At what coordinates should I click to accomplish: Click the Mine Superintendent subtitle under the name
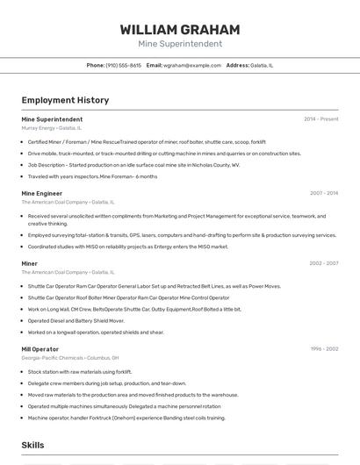[179, 44]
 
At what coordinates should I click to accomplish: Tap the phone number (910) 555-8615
[123, 65]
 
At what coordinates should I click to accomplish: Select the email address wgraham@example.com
[192, 65]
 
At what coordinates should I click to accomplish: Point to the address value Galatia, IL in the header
[262, 65]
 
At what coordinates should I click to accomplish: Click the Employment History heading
[65, 100]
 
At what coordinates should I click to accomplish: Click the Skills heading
[32, 446]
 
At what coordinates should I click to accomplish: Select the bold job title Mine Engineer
[41, 193]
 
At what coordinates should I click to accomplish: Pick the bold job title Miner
[30, 263]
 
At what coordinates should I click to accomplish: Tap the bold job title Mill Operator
[40, 349]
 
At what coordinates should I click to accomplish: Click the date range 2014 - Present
[320, 119]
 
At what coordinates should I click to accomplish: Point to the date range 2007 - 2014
[323, 193]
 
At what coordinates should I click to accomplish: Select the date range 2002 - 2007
[323, 263]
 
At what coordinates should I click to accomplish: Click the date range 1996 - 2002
[323, 349]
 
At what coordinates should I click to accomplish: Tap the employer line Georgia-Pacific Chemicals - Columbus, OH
[70, 358]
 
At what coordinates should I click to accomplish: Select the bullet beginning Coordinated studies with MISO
[127, 247]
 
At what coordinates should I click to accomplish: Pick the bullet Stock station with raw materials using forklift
[80, 372]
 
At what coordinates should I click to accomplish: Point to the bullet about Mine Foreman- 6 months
[92, 176]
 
